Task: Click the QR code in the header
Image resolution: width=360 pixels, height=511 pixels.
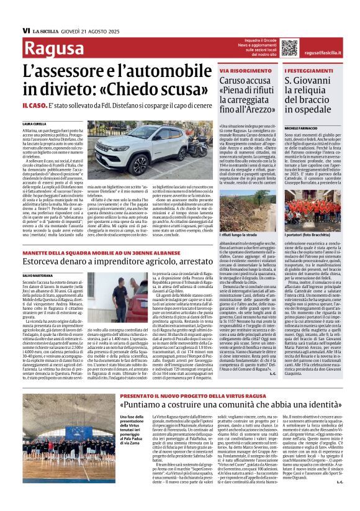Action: click(x=272, y=47)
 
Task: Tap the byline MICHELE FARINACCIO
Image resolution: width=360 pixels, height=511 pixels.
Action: click(x=301, y=127)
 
